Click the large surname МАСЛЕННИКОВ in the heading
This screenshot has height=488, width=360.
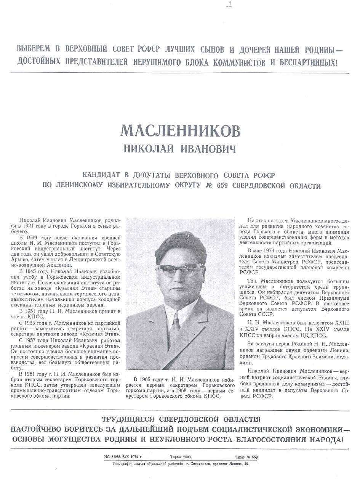click(180, 131)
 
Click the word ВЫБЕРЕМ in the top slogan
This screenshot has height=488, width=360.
click(33, 50)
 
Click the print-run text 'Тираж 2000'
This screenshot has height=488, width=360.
click(181, 457)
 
